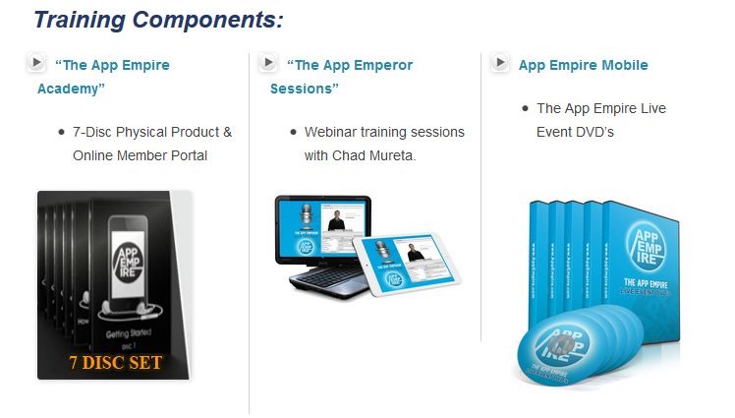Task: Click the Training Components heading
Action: (x=158, y=20)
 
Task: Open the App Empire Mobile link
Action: (x=583, y=65)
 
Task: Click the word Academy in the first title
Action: (x=71, y=89)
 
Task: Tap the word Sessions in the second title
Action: (x=304, y=89)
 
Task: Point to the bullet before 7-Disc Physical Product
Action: (x=61, y=131)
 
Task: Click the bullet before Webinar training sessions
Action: (x=293, y=131)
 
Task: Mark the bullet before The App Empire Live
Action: (x=525, y=108)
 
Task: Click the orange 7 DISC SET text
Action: (x=115, y=362)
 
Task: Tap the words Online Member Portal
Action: (x=140, y=155)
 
